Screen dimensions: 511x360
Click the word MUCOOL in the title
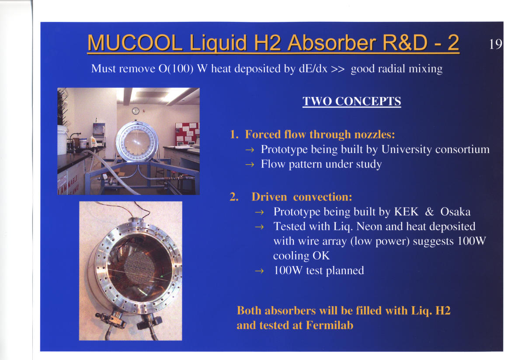[x=135, y=43]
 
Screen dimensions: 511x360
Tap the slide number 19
[x=495, y=44]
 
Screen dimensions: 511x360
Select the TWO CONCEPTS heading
[x=351, y=101]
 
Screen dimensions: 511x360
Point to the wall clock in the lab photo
[x=136, y=111]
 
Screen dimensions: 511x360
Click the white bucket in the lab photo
[x=62, y=140]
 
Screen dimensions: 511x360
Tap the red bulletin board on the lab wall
[x=187, y=134]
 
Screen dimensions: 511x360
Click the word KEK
[x=406, y=212]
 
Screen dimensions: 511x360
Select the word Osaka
[x=455, y=212]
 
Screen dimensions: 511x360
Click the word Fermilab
[x=330, y=325]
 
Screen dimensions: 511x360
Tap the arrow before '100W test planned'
[x=259, y=271]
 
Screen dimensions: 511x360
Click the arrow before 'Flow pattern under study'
[x=250, y=165]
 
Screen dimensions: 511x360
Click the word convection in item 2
[x=322, y=197]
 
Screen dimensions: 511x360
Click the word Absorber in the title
[x=331, y=43]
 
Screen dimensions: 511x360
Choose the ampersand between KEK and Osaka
[x=430, y=212]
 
